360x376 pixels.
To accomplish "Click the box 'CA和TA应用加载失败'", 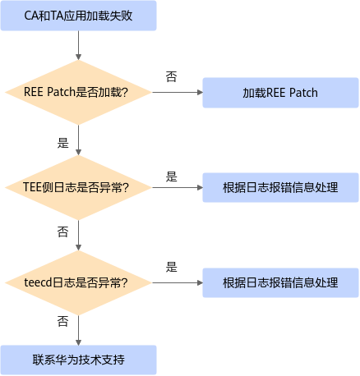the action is pos(78,16).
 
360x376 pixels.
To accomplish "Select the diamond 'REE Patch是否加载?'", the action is pos(78,92).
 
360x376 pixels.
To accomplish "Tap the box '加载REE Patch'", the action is pos(280,93).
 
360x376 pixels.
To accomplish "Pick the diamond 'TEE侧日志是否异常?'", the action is pos(78,187).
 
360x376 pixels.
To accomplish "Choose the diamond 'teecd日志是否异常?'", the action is pos(78,282).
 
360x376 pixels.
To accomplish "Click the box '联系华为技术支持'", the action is pos(78,360).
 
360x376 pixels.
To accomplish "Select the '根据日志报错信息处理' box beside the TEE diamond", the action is pos(280,187).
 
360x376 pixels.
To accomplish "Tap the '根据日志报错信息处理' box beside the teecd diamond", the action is pos(280,282).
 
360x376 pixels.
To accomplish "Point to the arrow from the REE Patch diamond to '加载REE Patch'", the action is pos(178,92).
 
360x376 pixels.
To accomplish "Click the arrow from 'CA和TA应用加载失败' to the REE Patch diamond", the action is pos(78,45).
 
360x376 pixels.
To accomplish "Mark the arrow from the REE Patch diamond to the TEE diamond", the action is pos(78,140).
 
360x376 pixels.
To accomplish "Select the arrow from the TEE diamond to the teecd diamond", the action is pos(78,236).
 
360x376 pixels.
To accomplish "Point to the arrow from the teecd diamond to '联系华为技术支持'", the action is pos(78,330).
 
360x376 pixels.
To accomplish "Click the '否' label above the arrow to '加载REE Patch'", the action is pos(172,76).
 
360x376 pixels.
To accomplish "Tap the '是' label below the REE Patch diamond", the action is pos(63,143).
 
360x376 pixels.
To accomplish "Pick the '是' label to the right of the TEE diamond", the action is pos(172,177).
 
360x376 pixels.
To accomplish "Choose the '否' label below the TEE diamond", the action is pos(63,232).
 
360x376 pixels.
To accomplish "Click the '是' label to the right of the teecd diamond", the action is pos(172,267).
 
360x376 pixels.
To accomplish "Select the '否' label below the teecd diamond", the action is pos(63,321).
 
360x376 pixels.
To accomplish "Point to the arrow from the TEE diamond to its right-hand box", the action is pos(178,187).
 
